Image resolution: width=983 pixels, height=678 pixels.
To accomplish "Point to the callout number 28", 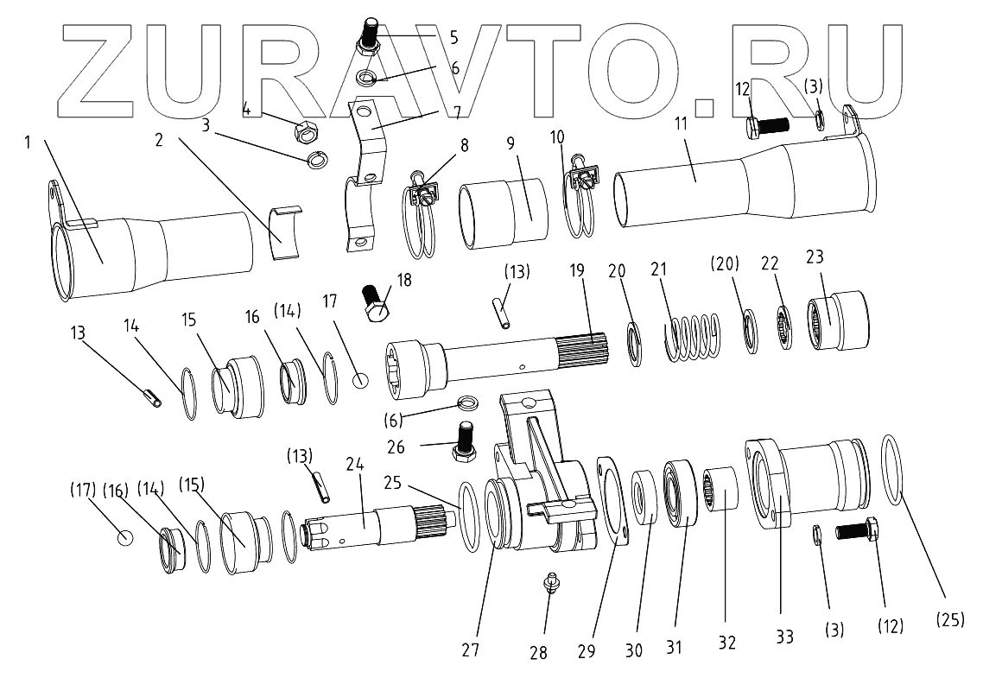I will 538,652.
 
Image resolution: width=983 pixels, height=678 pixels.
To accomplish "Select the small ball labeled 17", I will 362,379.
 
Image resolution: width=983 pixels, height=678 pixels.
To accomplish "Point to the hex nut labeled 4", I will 304,131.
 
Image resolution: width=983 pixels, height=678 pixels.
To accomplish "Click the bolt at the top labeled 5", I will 366,35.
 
